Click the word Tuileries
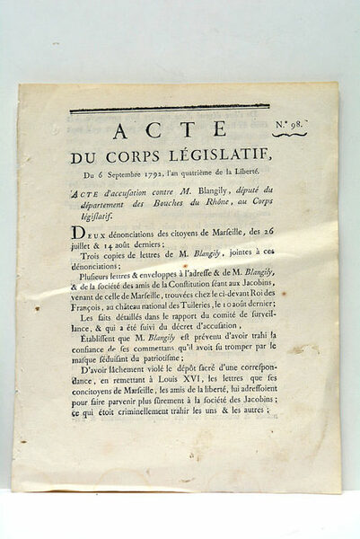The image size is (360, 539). tap(196, 324)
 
